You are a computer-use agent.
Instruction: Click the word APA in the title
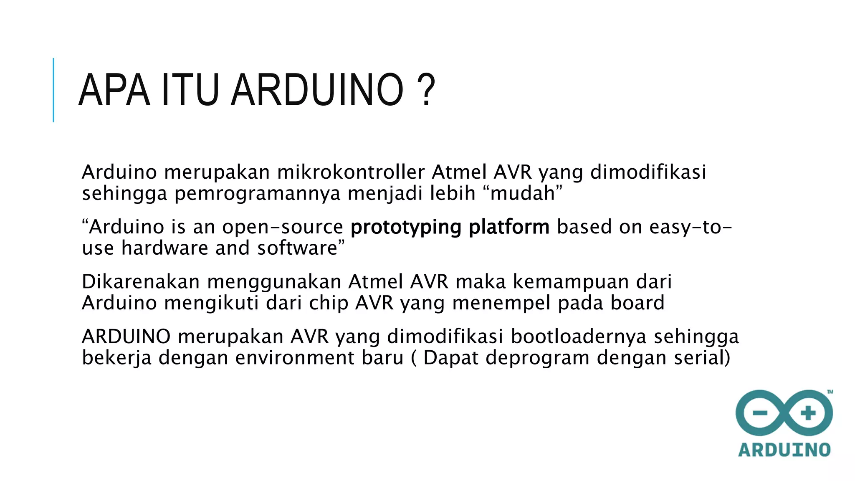click(114, 90)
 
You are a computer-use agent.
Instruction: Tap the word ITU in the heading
click(190, 90)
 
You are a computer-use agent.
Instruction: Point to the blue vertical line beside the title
click(53, 90)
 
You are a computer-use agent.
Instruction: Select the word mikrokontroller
click(351, 172)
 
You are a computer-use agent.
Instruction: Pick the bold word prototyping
click(406, 228)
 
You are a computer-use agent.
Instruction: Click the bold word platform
click(509, 228)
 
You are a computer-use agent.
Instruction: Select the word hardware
click(164, 248)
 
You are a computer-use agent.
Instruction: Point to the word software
click(297, 248)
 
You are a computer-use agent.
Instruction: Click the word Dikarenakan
click(141, 282)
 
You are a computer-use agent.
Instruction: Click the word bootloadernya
click(579, 337)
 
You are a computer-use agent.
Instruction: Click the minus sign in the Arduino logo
click(760, 413)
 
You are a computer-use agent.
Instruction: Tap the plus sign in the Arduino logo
click(808, 413)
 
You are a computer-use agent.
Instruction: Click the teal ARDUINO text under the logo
click(784, 450)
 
